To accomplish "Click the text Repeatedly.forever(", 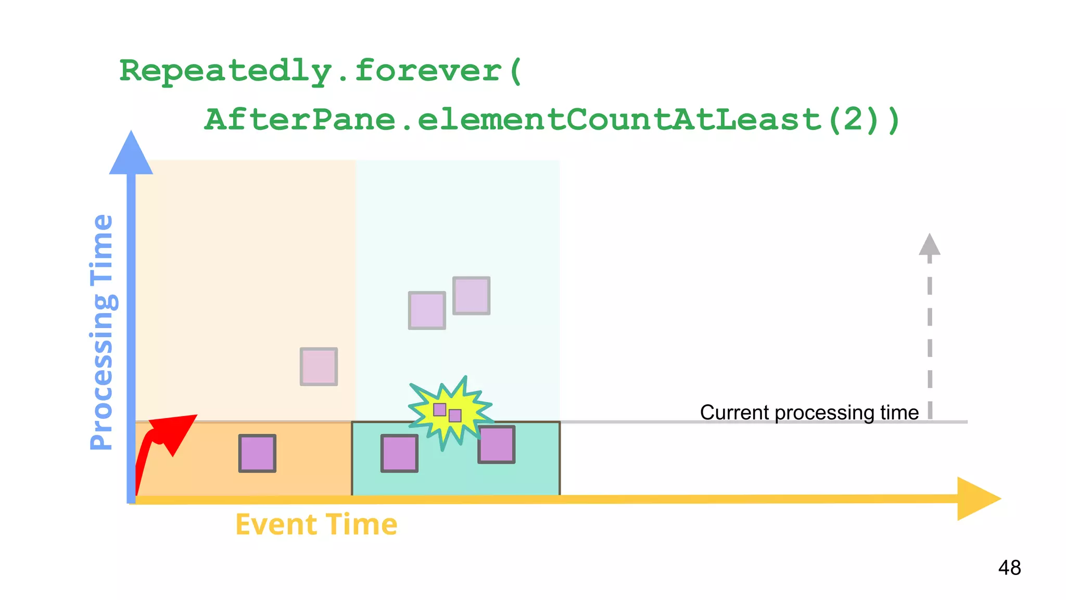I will click(x=320, y=71).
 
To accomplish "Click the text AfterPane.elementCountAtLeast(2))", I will click(x=552, y=120).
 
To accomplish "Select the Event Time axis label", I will click(x=316, y=524).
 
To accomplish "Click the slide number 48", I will click(x=1009, y=568).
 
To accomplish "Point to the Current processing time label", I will click(x=809, y=413).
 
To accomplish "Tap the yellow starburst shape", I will click(x=450, y=411).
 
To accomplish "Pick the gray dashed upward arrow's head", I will click(x=930, y=245).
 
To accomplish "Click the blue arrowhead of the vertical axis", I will click(x=131, y=154).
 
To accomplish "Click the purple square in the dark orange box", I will click(x=257, y=454).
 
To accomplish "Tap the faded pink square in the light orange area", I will click(x=319, y=367).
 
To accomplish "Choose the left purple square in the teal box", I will click(x=399, y=454).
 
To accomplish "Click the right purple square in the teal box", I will click(x=497, y=445).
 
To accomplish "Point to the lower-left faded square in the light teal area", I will click(x=427, y=310).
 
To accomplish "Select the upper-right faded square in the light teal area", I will click(x=471, y=296).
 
